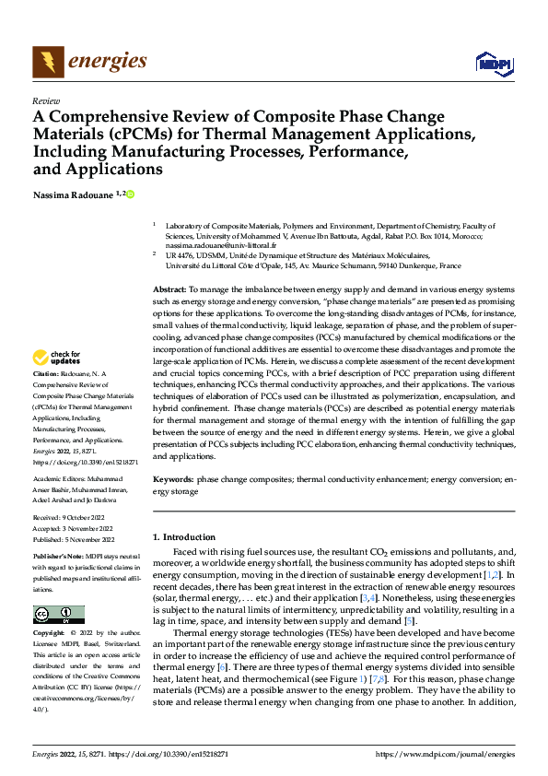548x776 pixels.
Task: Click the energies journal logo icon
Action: tap(47, 63)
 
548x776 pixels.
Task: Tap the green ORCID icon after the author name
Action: tap(131, 194)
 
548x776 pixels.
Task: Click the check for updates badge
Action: tap(57, 359)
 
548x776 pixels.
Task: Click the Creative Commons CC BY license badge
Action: tap(58, 615)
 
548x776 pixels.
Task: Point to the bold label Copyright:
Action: tap(50, 634)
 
